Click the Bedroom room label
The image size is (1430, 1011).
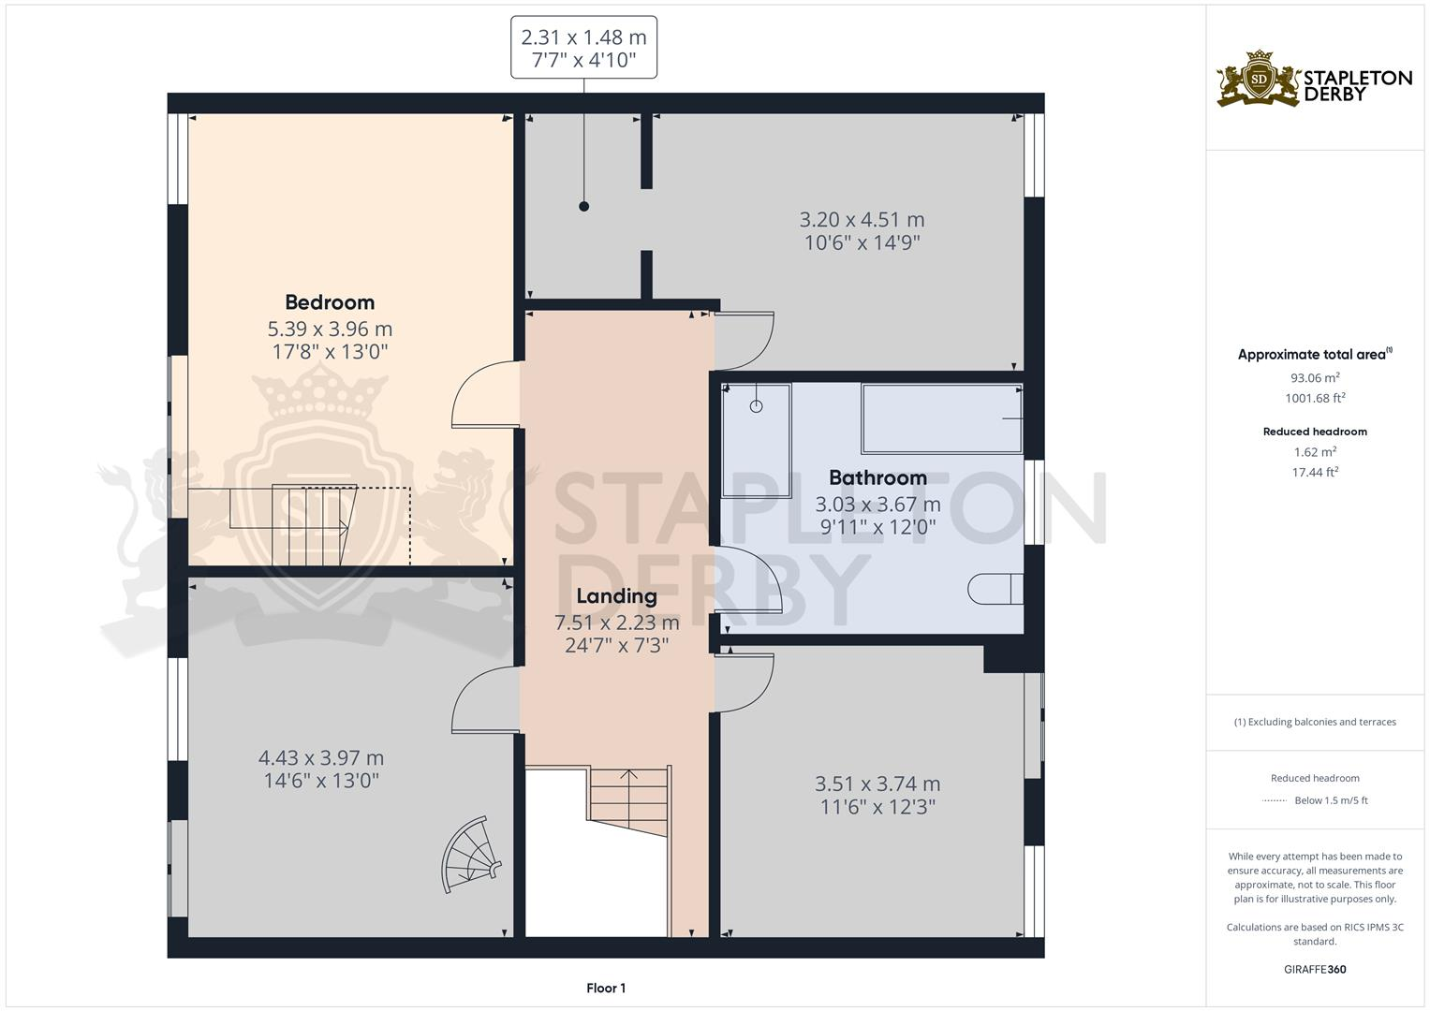pyautogui.click(x=330, y=302)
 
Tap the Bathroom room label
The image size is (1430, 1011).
pyautogui.click(x=877, y=477)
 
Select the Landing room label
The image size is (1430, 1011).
pyautogui.click(x=616, y=596)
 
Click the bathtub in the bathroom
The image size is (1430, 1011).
pyautogui.click(x=940, y=418)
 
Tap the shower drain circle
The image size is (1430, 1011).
pyautogui.click(x=756, y=406)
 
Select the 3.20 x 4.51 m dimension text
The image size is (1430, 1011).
pyautogui.click(x=862, y=220)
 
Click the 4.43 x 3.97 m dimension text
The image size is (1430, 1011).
pyautogui.click(x=321, y=757)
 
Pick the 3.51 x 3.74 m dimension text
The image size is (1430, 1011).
pyautogui.click(x=877, y=784)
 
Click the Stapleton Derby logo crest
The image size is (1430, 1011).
pyautogui.click(x=1259, y=79)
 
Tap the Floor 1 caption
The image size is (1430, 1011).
pyautogui.click(x=606, y=988)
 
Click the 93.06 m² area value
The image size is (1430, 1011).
pyautogui.click(x=1315, y=378)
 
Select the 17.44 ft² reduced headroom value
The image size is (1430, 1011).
pyautogui.click(x=1315, y=473)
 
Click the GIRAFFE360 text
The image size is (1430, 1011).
pyautogui.click(x=1315, y=969)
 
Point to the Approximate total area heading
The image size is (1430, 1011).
pyautogui.click(x=1313, y=355)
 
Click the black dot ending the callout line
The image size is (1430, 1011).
pyautogui.click(x=583, y=206)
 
